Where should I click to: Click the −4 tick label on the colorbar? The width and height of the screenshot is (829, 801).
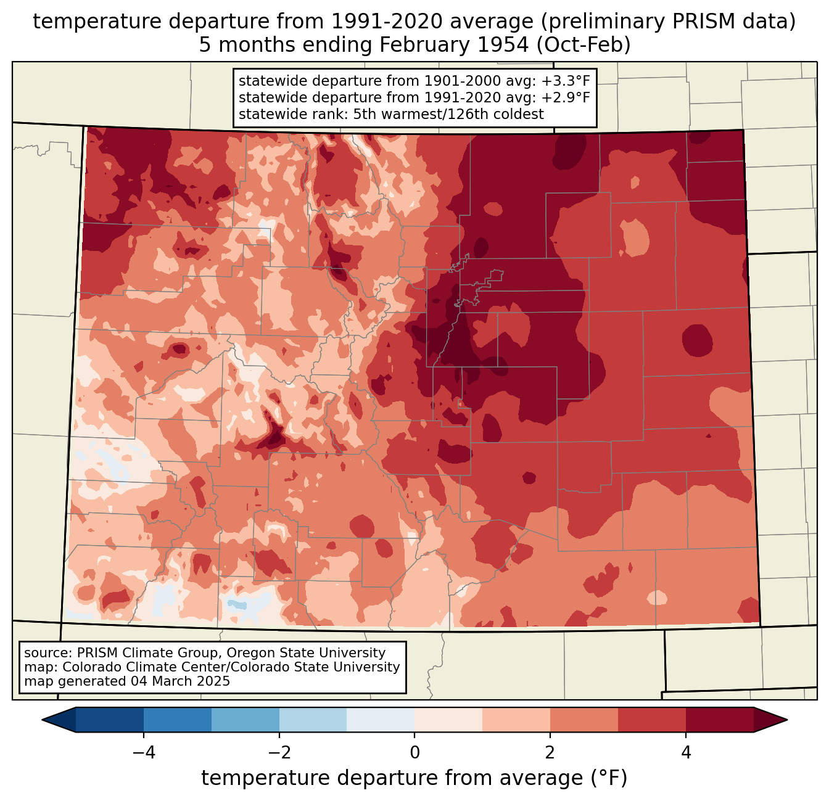[x=144, y=753]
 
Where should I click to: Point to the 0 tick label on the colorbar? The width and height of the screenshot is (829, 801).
[x=414, y=753]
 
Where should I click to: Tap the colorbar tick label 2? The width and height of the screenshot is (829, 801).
[x=550, y=753]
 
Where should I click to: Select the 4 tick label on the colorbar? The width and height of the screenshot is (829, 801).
[x=686, y=753]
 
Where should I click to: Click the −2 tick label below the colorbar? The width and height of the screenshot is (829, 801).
[x=279, y=753]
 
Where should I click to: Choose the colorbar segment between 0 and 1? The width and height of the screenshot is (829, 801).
[x=448, y=720]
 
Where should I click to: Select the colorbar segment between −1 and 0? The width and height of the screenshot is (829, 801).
[x=381, y=720]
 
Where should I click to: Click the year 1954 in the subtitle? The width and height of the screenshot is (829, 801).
[x=503, y=45]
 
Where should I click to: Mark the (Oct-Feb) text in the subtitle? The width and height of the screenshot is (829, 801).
[x=583, y=45]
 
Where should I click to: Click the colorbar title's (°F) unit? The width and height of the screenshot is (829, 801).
[x=609, y=778]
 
